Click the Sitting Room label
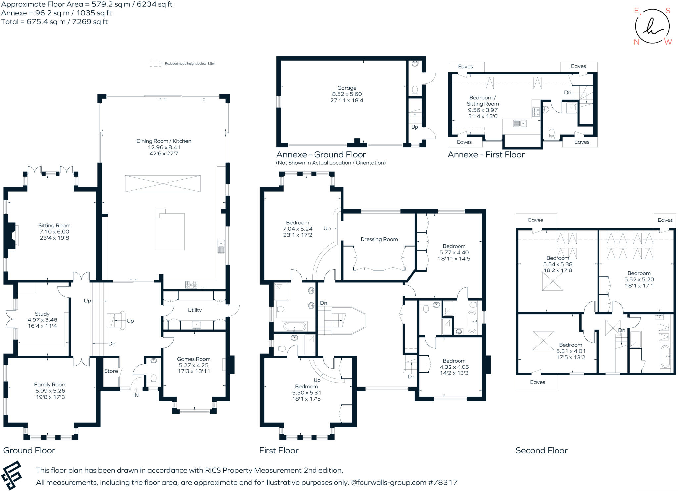(54, 225)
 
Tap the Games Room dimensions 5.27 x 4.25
(194, 365)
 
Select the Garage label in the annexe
(347, 88)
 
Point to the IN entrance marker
(136, 395)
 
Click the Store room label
(111, 371)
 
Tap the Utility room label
(194, 310)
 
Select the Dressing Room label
(379, 239)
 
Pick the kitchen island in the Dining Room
(169, 231)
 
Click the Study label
(42, 314)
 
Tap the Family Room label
(50, 384)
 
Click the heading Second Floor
(541, 450)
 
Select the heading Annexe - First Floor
(486, 155)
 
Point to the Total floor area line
(55, 22)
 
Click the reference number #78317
(443, 482)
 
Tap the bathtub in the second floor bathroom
(665, 356)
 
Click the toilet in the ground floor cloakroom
(153, 378)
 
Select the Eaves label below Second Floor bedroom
(537, 382)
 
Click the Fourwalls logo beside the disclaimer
(12, 475)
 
